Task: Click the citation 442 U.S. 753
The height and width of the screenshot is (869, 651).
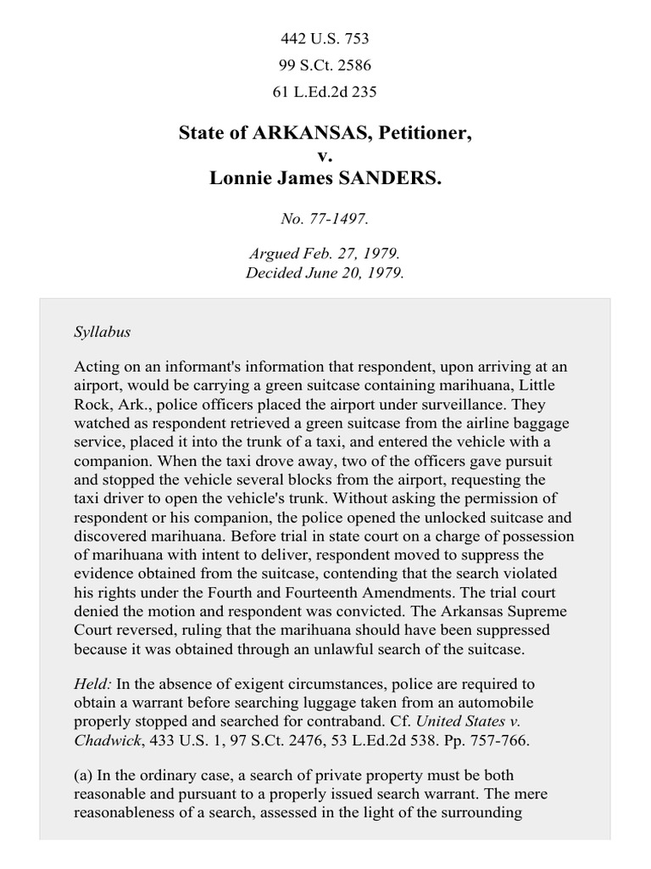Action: [x=325, y=38]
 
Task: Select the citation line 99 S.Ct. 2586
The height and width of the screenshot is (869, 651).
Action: [x=325, y=64]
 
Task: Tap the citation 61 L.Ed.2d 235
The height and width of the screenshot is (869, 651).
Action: [x=325, y=91]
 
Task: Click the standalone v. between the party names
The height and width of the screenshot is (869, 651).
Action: [x=325, y=157]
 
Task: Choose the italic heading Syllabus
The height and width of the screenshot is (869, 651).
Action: [x=102, y=332]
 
